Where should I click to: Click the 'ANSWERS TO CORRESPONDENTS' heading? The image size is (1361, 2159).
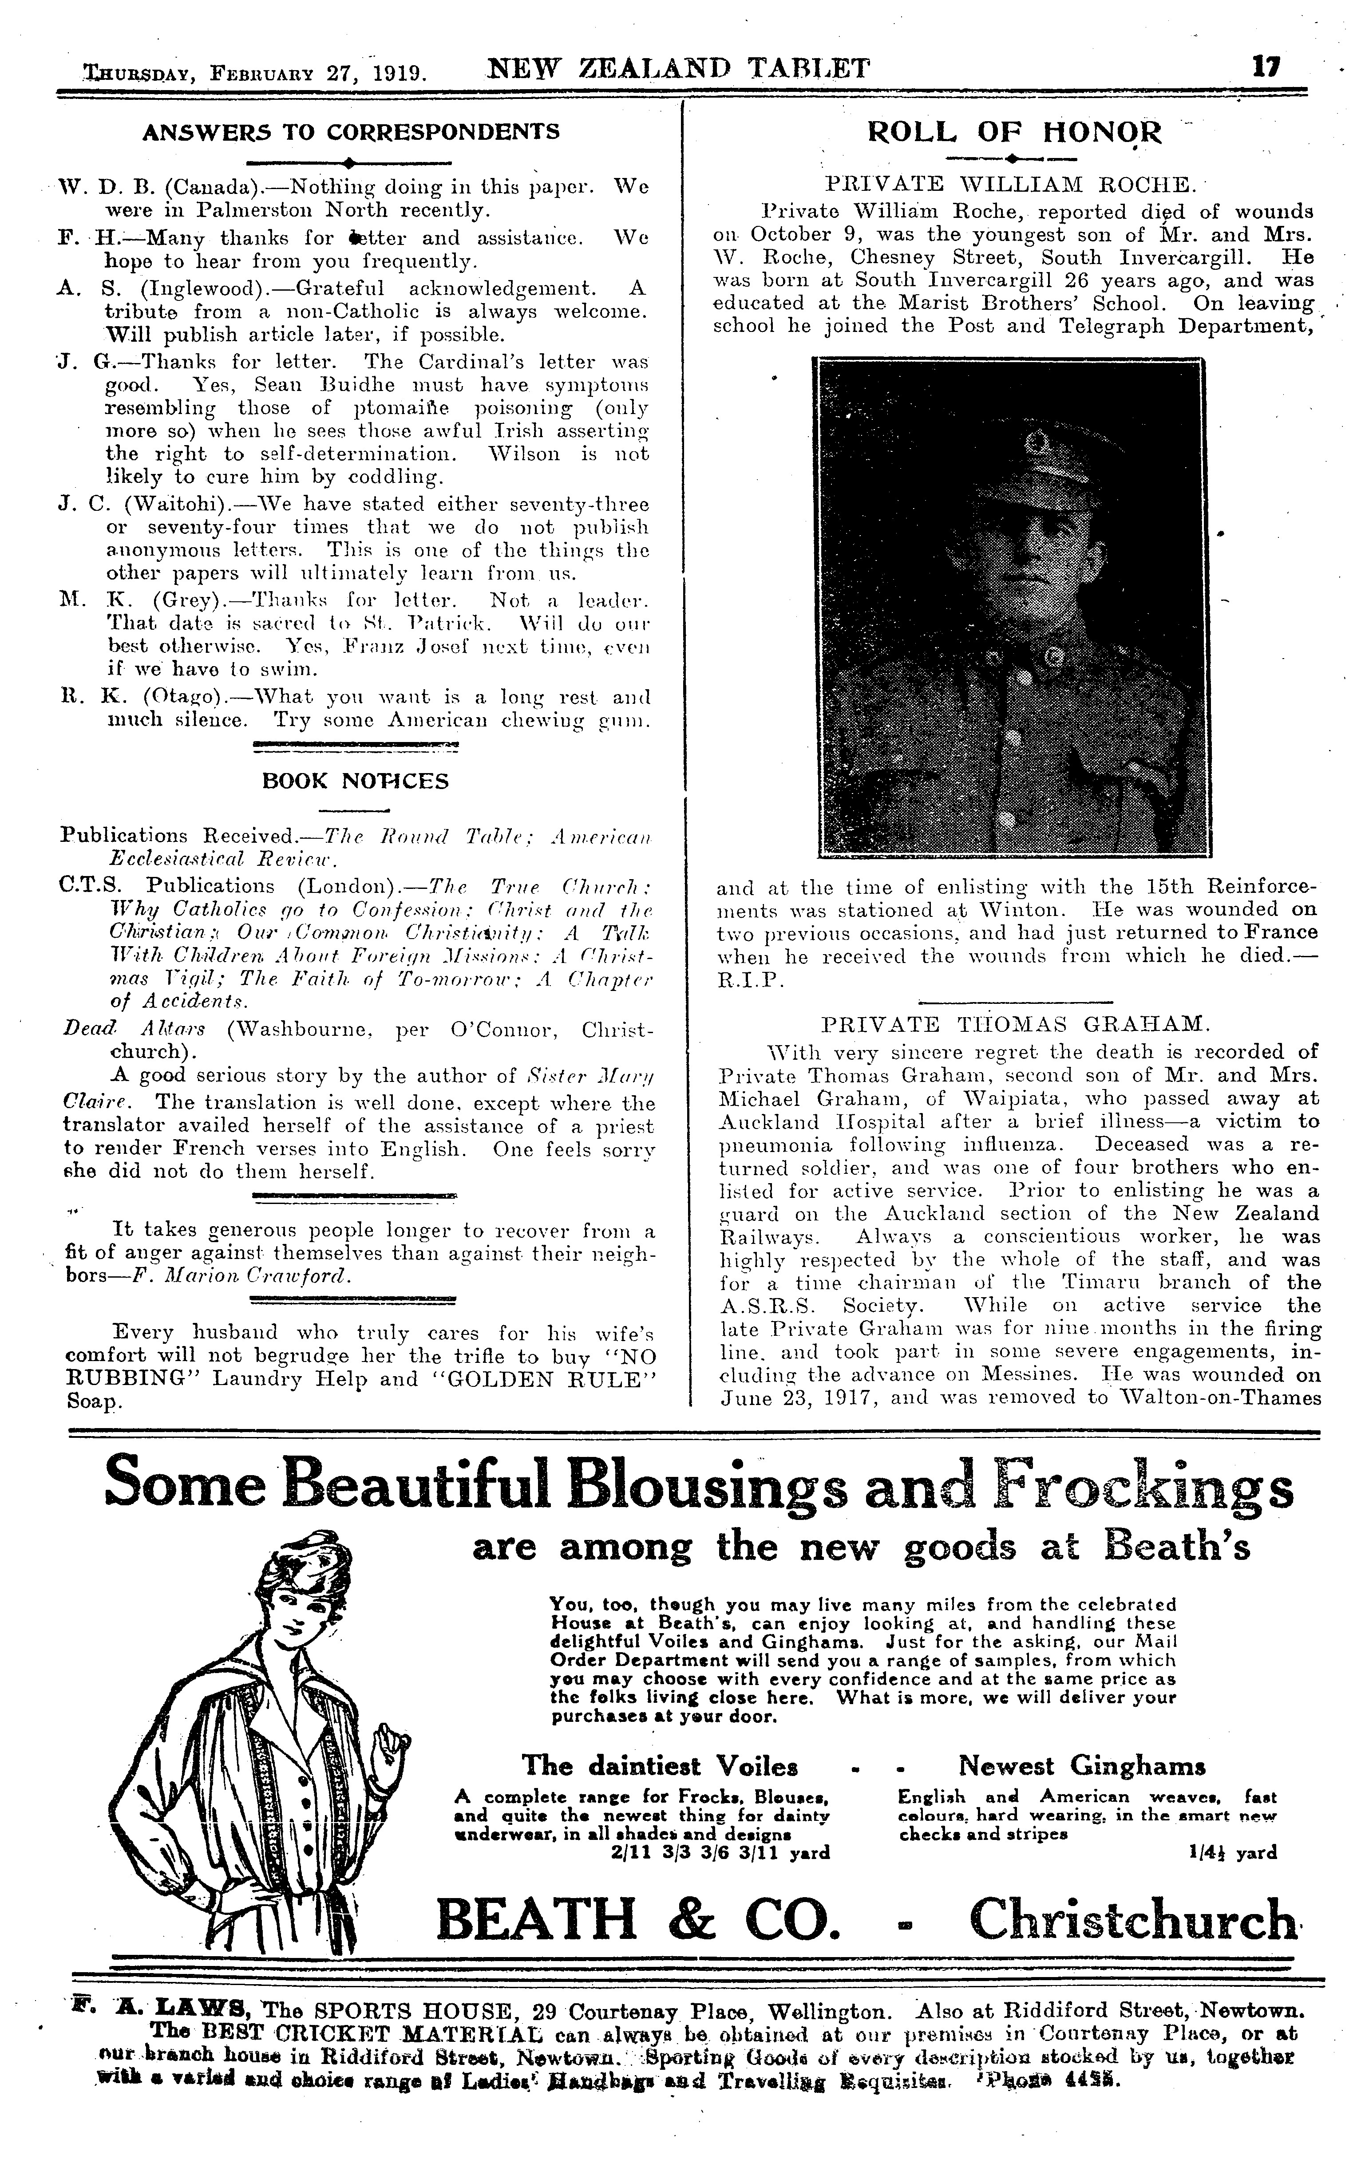352,132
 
